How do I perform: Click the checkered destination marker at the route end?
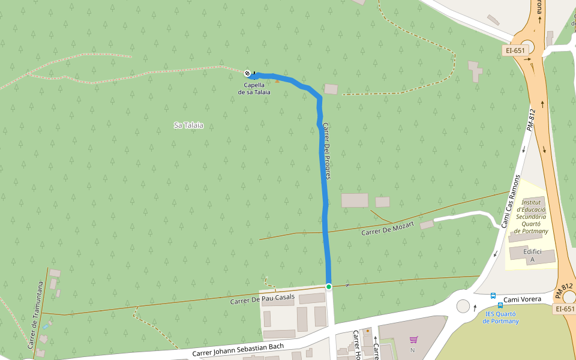point(248,73)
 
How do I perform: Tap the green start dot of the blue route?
point(329,287)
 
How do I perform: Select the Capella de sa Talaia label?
point(254,89)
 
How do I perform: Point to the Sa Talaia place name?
point(188,125)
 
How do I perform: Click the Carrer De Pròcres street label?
point(327,150)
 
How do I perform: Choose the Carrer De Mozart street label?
point(388,228)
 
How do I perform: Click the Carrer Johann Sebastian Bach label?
point(246,349)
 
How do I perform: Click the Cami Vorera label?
point(523,299)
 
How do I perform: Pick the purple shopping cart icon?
point(413,340)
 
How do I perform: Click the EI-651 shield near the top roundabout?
point(515,51)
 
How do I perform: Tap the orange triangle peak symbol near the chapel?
point(277,80)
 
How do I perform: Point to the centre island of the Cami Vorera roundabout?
point(463,306)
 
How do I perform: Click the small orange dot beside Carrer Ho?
point(368,331)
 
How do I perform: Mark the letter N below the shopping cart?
point(413,350)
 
